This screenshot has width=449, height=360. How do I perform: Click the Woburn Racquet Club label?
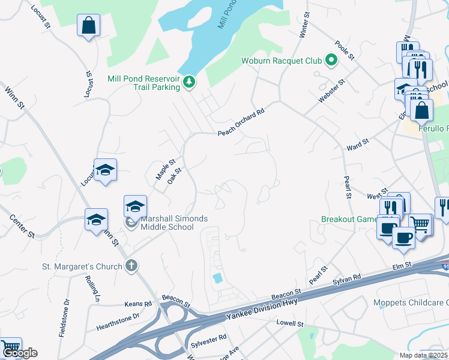point(282,61)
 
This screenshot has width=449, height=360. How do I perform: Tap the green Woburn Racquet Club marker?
point(330,61)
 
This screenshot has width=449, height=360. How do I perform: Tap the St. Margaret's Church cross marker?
point(131,266)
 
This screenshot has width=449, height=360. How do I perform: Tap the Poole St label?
point(346,49)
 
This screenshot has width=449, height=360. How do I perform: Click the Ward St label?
point(357,146)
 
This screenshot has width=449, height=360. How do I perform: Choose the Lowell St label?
point(291,324)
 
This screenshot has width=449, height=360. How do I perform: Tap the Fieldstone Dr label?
point(64,318)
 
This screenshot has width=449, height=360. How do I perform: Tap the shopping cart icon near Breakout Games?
point(421,225)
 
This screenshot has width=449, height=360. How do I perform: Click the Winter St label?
point(303,25)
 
